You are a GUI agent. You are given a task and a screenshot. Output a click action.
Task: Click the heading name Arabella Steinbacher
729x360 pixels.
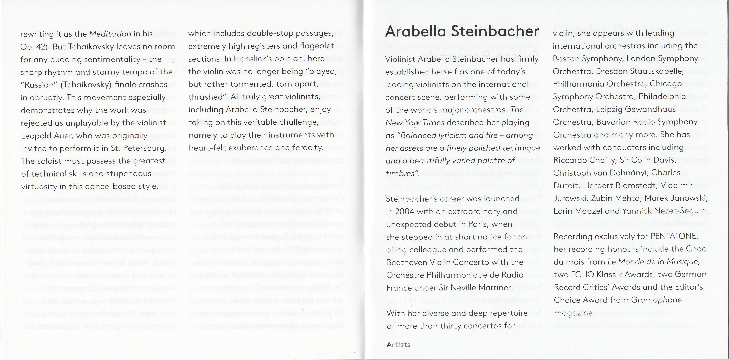[462, 31]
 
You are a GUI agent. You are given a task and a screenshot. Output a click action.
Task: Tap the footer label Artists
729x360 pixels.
[398, 344]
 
